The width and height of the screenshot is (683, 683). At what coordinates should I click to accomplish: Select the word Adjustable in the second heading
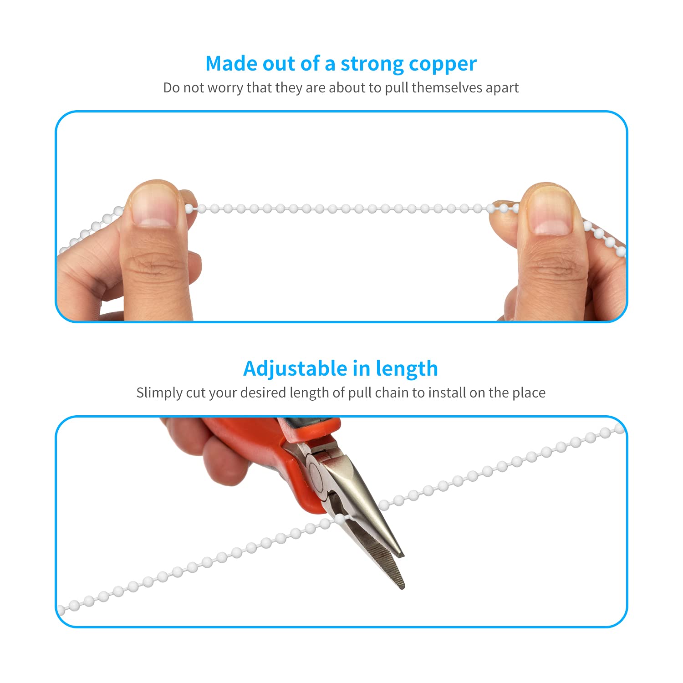click(295, 368)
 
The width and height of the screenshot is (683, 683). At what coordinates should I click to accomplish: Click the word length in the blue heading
click(407, 369)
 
